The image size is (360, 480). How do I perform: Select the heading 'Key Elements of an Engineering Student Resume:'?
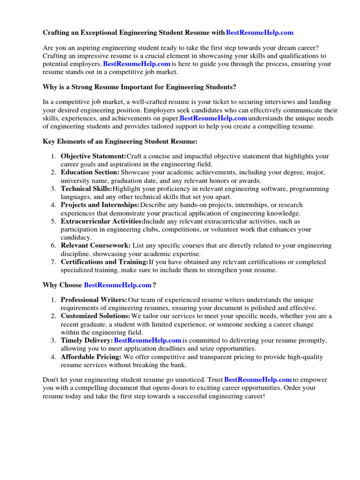tap(120, 141)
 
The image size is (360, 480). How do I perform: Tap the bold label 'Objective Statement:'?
tap(93, 156)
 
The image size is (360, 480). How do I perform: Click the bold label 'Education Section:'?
tap(90, 172)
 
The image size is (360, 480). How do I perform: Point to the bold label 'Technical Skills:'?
tap(86, 189)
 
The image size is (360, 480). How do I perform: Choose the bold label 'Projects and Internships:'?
tap(100, 205)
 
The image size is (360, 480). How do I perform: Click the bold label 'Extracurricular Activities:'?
tap(102, 221)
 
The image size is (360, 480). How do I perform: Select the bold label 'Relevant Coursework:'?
tap(96, 246)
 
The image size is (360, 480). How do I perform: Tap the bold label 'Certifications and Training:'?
tap(105, 262)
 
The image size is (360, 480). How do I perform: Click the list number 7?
tap(54, 262)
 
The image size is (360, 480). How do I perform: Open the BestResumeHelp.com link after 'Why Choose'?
tap(117, 285)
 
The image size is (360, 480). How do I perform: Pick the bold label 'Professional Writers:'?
tap(94, 300)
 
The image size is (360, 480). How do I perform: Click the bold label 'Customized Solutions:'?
tap(96, 316)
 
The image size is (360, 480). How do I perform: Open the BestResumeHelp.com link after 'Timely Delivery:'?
tap(148, 340)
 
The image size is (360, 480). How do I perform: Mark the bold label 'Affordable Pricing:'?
tap(91, 357)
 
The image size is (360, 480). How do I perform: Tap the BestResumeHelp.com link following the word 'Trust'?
tap(258, 380)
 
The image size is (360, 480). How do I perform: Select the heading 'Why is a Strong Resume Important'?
tap(140, 87)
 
